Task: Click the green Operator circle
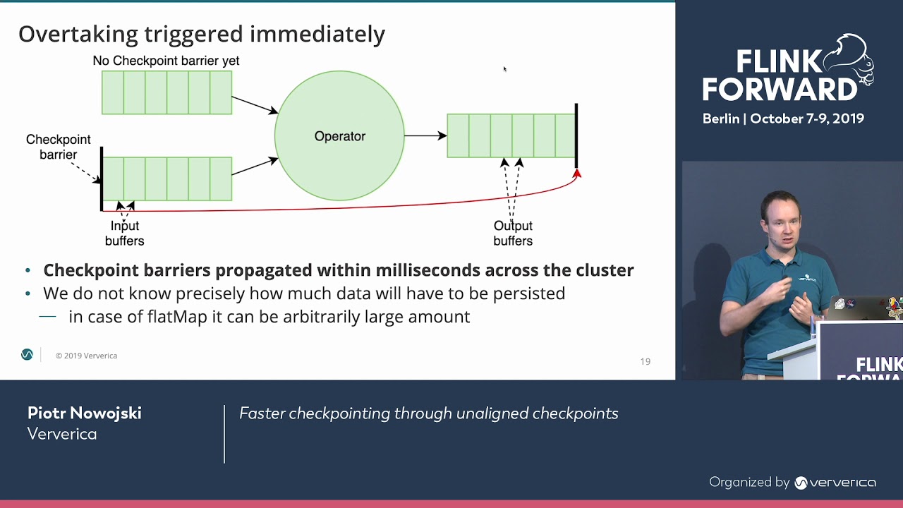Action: [x=339, y=135]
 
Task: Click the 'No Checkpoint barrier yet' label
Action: [x=166, y=61]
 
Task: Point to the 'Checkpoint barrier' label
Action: [x=59, y=147]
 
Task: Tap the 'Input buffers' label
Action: [x=124, y=233]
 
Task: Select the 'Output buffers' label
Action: [x=513, y=233]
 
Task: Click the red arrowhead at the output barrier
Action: [x=576, y=173]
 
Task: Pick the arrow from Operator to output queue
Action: [x=425, y=135]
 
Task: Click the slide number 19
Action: [x=645, y=361]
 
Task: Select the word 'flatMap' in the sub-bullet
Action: [x=177, y=317]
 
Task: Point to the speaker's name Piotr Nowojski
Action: [x=85, y=413]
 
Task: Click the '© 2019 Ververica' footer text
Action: [x=86, y=356]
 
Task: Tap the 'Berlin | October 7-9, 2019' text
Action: [x=783, y=119]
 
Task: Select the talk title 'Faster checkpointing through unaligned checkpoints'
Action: [x=429, y=413]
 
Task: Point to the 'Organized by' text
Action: [x=749, y=483]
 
